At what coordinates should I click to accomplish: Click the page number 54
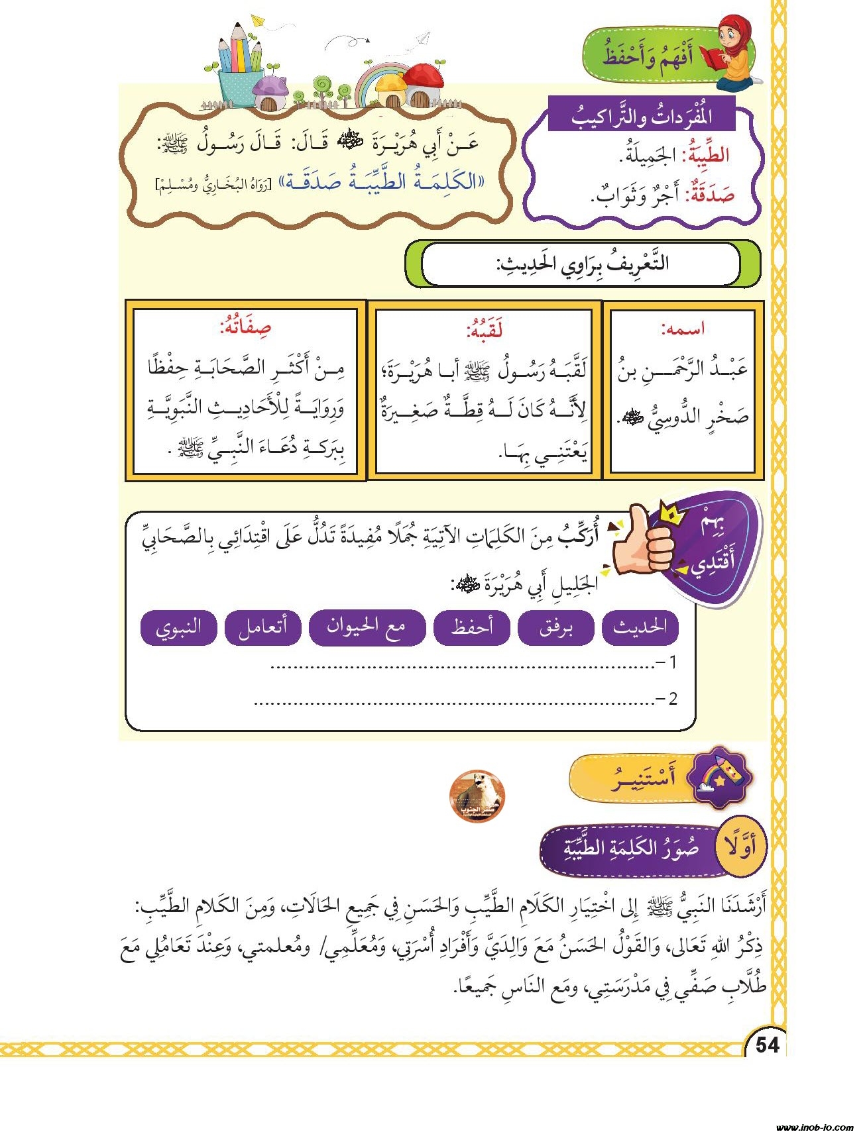pos(767,1045)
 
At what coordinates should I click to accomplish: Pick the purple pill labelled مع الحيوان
pos(367,627)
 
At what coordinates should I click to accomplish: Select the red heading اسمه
pos(682,329)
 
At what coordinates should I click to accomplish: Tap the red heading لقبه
pos(484,329)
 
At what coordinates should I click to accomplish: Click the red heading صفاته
pos(245,327)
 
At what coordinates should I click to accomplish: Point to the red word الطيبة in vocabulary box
pos(705,154)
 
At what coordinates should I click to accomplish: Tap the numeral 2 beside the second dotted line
pos(672,699)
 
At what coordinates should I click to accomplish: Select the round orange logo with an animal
pos(477,796)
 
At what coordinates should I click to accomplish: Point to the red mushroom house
pos(422,84)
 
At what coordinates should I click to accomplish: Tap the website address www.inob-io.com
pos(815,1127)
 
